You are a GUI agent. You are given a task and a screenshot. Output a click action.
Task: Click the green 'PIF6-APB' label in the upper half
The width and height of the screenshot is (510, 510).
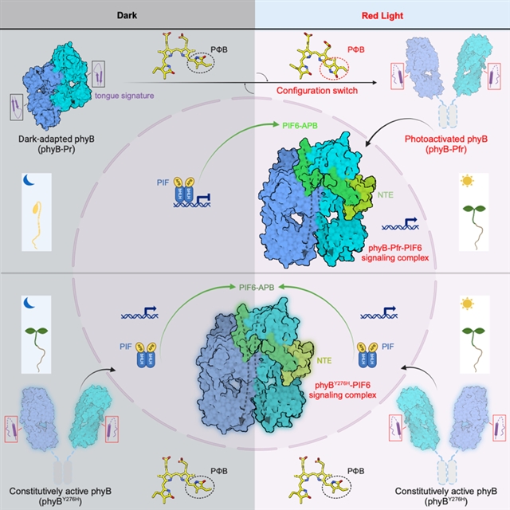point(286,127)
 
